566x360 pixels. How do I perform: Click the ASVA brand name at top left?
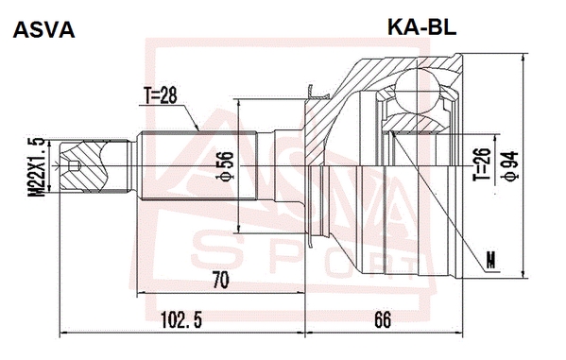tap(43, 29)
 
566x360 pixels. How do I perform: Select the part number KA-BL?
tap(422, 26)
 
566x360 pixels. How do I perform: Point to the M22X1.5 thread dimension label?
tap(37, 167)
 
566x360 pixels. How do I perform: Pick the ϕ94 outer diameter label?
tap(511, 166)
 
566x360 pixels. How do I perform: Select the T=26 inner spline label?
tap(483, 164)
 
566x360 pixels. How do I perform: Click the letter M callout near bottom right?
tap(490, 260)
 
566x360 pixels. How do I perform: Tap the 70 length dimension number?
tap(220, 280)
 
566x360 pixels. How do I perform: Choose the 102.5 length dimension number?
tap(180, 319)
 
